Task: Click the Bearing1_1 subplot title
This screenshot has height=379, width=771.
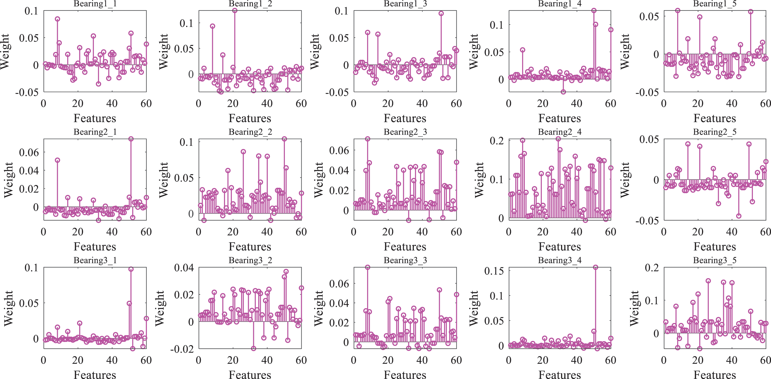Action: (95, 4)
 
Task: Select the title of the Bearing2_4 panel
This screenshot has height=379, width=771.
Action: (560, 132)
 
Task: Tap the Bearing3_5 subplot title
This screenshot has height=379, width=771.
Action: (715, 260)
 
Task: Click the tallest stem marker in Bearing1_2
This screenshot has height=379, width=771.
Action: (235, 11)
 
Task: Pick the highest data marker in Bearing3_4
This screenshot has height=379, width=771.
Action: (595, 267)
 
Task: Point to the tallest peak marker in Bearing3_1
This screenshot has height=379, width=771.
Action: (131, 269)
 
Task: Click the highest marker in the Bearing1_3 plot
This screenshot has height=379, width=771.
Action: (441, 14)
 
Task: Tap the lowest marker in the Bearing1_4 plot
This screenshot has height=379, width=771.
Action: (563, 92)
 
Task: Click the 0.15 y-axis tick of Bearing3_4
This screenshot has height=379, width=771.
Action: (494, 271)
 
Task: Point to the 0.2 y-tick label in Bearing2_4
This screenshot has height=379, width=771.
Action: (496, 141)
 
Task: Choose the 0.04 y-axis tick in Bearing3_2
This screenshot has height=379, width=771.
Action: (184, 267)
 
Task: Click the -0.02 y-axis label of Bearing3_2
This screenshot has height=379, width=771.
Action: (182, 349)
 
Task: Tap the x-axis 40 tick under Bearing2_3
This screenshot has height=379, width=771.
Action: (422, 232)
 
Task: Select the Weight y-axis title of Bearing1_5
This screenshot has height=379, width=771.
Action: (625, 51)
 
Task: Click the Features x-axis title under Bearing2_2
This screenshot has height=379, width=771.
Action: (250, 247)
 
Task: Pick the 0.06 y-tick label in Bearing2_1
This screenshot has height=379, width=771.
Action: (29, 152)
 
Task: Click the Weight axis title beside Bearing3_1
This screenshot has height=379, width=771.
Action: (8, 308)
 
